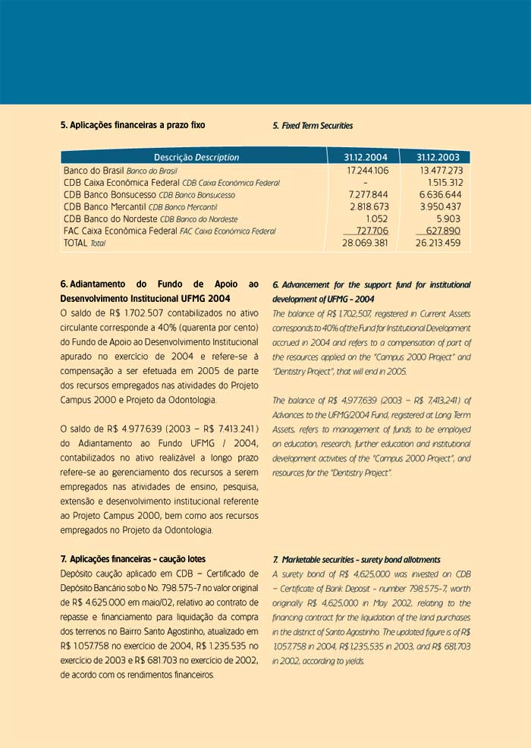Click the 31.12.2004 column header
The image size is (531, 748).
(x=366, y=157)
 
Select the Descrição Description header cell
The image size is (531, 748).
(x=196, y=157)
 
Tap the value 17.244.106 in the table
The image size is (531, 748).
(x=367, y=171)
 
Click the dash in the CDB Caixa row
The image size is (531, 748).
(x=366, y=183)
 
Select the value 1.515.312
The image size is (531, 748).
(x=444, y=183)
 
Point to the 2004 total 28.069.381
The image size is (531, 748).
(x=366, y=243)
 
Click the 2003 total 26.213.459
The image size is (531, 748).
(x=438, y=243)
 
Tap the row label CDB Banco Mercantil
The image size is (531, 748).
(x=105, y=206)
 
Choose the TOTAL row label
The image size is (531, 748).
(x=76, y=243)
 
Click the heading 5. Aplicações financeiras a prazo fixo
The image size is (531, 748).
(x=133, y=125)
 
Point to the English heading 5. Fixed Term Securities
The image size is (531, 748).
(x=313, y=126)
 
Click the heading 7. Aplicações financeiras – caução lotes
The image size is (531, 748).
(x=133, y=559)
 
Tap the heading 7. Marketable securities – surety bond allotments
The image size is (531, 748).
(x=356, y=559)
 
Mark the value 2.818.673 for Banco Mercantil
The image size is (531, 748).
(x=369, y=206)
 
